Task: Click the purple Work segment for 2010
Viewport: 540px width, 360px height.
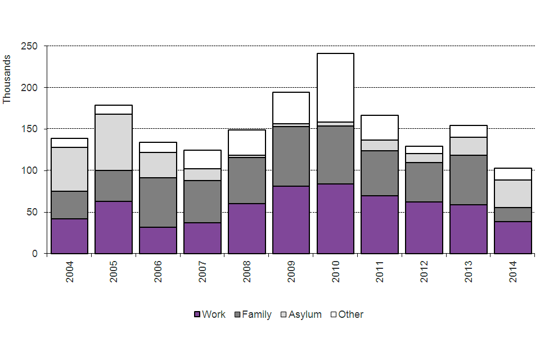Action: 336,219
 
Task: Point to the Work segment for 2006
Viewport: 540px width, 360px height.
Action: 158,240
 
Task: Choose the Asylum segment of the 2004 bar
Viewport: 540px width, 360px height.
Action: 69,169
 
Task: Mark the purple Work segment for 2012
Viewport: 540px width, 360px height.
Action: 424,228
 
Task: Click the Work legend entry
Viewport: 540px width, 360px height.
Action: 209,314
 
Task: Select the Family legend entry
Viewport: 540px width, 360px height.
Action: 253,314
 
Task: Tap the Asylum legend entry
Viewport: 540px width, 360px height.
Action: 300,314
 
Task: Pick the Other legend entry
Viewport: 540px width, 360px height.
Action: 346,314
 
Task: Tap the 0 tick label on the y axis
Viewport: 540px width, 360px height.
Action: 35,254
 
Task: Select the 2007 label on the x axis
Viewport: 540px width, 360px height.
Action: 202,271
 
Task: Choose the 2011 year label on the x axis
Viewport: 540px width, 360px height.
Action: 380,271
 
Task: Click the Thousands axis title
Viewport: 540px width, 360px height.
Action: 7,79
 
